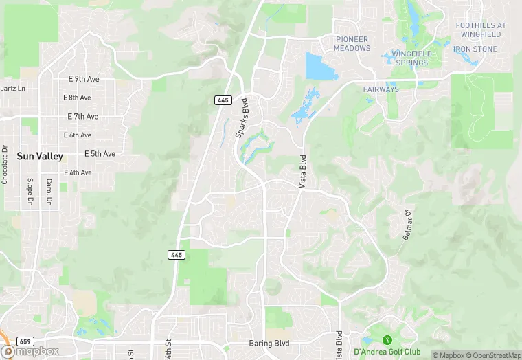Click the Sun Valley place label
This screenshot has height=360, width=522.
(40, 157)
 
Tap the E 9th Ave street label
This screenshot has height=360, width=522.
(84, 80)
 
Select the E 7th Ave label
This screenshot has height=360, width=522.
(82, 117)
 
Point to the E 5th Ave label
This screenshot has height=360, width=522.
(100, 153)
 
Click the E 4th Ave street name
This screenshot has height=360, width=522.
(78, 172)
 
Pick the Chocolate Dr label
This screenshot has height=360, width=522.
(5, 165)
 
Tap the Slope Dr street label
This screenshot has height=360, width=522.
(30, 192)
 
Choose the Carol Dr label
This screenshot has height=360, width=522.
(49, 192)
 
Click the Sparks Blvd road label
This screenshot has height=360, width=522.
(242, 118)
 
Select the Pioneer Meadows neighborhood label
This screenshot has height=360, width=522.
(352, 43)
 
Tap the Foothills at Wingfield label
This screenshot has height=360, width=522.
(481, 30)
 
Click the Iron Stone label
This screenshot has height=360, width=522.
(475, 49)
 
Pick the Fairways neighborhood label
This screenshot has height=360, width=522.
(381, 89)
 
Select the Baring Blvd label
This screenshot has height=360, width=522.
(269, 343)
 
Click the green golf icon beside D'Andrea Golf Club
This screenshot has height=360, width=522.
(386, 339)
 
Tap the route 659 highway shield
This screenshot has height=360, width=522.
(25, 341)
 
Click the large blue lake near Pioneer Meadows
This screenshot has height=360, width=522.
(317, 67)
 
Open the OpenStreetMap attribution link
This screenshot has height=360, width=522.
(494, 355)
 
